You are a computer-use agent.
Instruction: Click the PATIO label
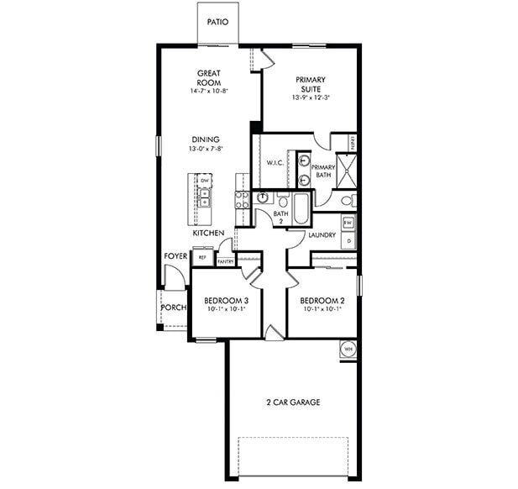[217, 24]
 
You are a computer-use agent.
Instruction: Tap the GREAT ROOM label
[208, 78]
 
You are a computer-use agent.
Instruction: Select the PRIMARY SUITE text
[311, 85]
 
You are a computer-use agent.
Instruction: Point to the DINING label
[206, 139]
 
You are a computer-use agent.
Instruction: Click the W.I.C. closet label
[275, 162]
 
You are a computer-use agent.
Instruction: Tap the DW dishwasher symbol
[204, 181]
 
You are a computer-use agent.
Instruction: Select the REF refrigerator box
[201, 258]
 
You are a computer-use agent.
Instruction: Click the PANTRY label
[225, 262]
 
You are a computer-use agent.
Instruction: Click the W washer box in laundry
[348, 223]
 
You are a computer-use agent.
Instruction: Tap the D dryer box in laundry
[348, 240]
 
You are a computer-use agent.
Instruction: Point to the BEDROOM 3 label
[226, 300]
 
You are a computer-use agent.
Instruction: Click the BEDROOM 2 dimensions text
[322, 309]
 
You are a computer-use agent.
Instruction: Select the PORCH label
[173, 307]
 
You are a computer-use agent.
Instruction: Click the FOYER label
[175, 255]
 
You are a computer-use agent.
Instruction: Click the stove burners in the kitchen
[243, 199]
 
